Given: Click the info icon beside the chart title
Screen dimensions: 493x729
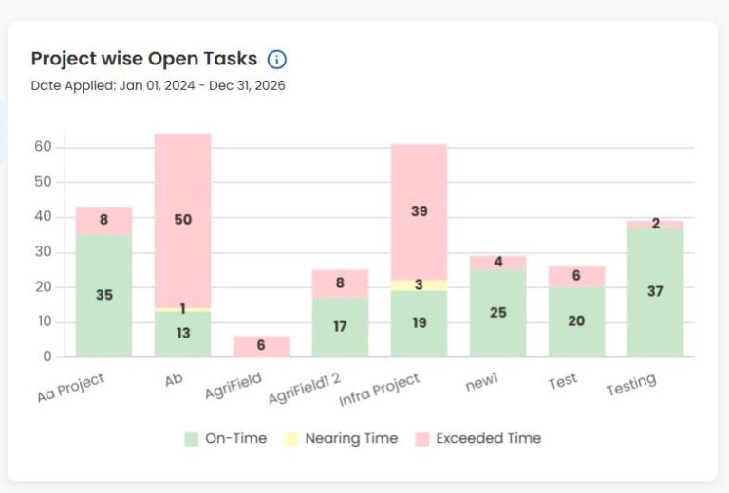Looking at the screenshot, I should (277, 60).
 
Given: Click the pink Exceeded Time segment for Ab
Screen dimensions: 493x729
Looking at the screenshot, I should (183, 190).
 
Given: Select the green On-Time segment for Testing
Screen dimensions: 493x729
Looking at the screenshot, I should (655, 292).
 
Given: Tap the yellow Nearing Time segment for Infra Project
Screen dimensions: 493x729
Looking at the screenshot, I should (419, 284).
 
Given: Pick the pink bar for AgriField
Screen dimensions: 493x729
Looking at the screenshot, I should (262, 346).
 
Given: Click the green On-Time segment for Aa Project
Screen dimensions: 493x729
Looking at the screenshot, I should (104, 295).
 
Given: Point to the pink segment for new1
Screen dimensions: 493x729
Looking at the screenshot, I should (497, 263).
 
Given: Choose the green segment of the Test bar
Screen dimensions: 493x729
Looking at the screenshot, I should (576, 321).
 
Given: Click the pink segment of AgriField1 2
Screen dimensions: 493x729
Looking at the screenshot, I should (340, 283).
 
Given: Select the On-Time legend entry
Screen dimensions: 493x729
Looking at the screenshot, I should (226, 438).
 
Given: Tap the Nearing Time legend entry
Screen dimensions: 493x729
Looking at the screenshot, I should (341, 438).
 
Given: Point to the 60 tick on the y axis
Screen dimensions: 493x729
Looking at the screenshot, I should (42, 147).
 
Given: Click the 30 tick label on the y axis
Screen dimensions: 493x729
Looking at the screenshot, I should (42, 252).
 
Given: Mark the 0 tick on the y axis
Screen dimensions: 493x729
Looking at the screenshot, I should (46, 357).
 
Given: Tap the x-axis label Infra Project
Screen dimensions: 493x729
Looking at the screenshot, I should (380, 390).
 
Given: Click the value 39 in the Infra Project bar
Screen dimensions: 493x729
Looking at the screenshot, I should (419, 211).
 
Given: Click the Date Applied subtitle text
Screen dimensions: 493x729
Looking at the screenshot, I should (159, 85).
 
